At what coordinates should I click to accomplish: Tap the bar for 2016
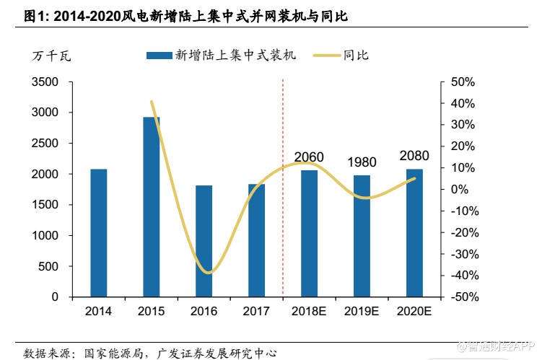click(204, 241)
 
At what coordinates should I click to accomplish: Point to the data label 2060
click(309, 157)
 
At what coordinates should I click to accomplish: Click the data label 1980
click(362, 162)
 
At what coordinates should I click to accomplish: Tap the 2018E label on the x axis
click(309, 312)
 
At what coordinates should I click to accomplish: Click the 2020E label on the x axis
click(414, 312)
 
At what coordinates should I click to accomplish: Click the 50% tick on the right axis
click(461, 82)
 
